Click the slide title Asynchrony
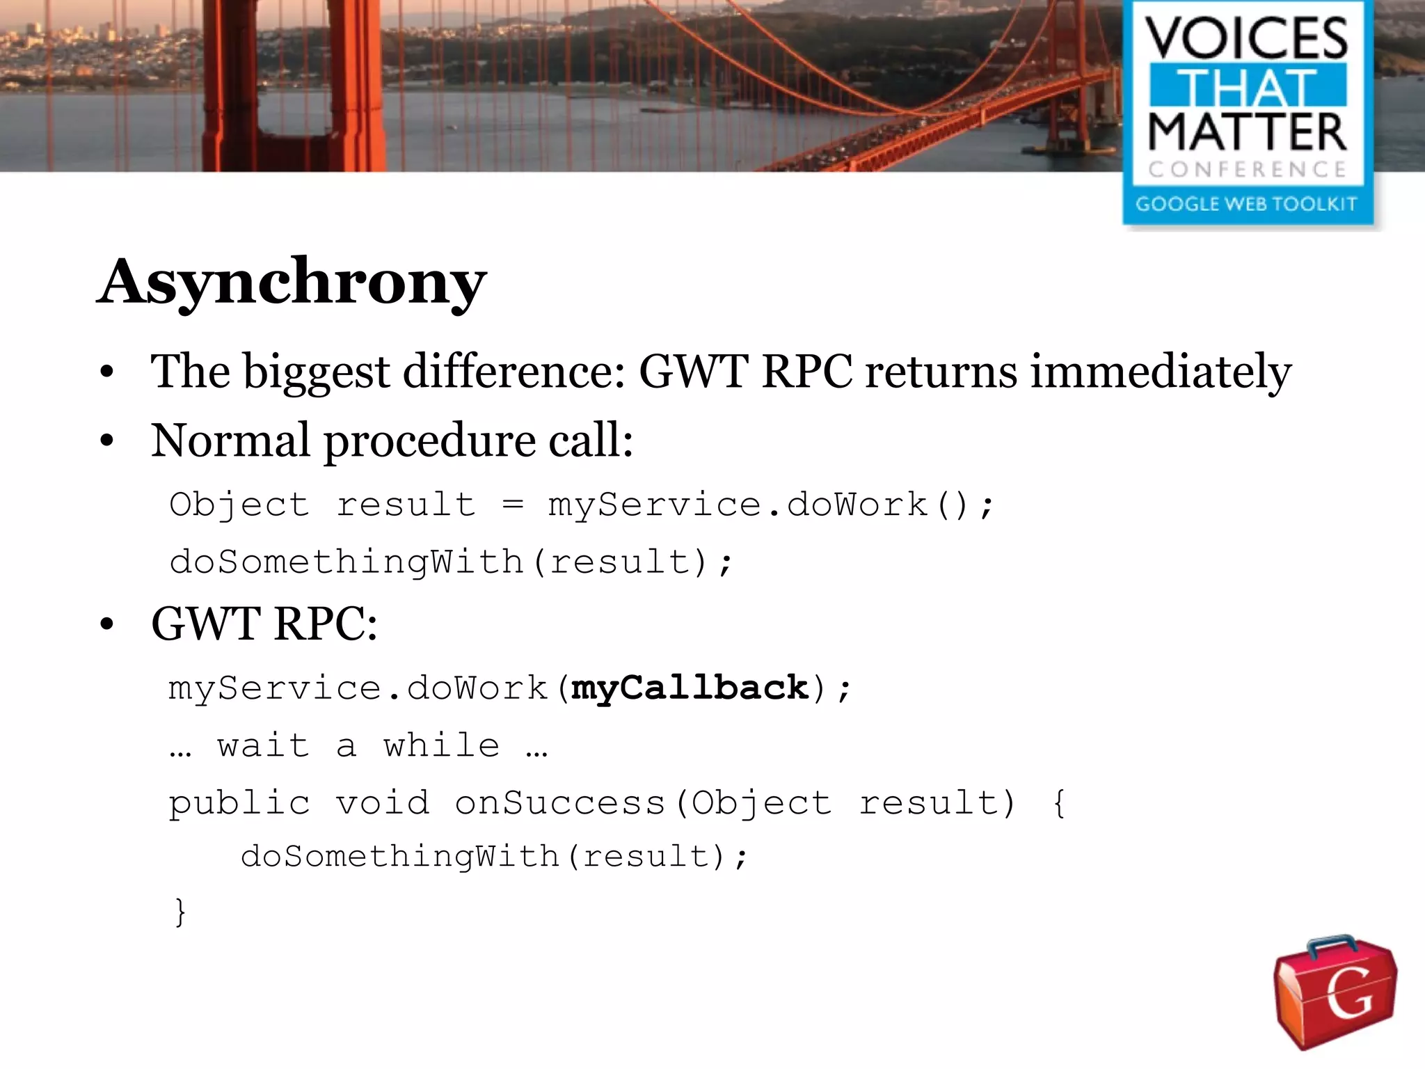click(292, 282)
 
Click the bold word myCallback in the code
click(690, 688)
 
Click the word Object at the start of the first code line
click(239, 505)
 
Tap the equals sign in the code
click(513, 505)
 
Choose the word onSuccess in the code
click(560, 803)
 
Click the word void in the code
click(383, 803)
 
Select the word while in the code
click(442, 745)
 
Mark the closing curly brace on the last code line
click(180, 912)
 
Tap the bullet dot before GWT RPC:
click(106, 624)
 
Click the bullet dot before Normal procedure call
click(106, 441)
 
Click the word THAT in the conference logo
click(1248, 86)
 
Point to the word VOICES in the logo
click(1248, 39)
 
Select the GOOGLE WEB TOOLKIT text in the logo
click(1246, 204)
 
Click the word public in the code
click(239, 803)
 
